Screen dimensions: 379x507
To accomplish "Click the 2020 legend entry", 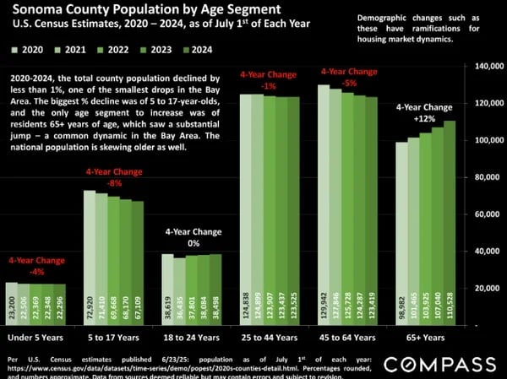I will coord(27,51).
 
